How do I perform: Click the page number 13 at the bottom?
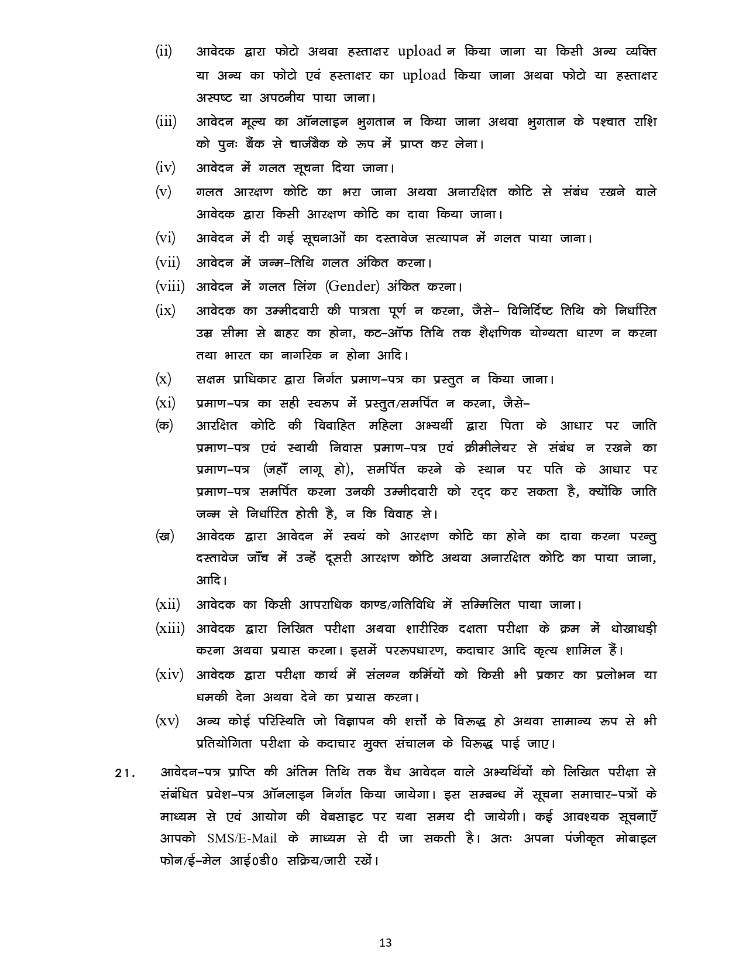pyautogui.click(x=385, y=943)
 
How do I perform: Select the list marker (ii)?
pyautogui.click(x=164, y=52)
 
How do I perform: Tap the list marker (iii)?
pyautogui.click(x=166, y=122)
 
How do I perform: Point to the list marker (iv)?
pyautogui.click(x=165, y=168)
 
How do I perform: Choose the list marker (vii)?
pyautogui.click(x=167, y=263)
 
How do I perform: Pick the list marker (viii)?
pyautogui.click(x=170, y=287)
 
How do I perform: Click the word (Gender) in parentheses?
pyautogui.click(x=353, y=287)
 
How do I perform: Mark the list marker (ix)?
pyautogui.click(x=165, y=310)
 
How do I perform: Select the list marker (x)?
pyautogui.click(x=163, y=379)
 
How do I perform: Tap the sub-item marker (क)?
pyautogui.click(x=164, y=426)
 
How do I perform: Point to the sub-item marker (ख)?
pyautogui.click(x=164, y=536)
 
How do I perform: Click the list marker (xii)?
pyautogui.click(x=167, y=604)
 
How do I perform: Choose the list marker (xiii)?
pyautogui.click(x=170, y=629)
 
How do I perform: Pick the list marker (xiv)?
pyautogui.click(x=169, y=674)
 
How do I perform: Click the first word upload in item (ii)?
pyautogui.click(x=419, y=52)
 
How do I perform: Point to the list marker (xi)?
pyautogui.click(x=165, y=403)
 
